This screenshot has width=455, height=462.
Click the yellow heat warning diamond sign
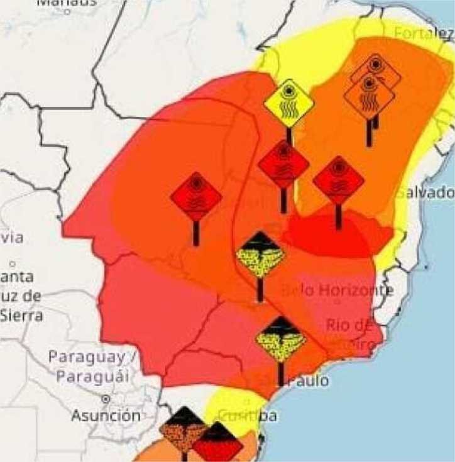(x=288, y=103)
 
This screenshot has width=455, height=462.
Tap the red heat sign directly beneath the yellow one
(x=283, y=165)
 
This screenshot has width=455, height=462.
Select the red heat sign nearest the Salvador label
(x=338, y=180)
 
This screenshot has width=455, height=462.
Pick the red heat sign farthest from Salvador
(x=196, y=197)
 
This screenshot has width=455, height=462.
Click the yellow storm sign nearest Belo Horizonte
(x=260, y=255)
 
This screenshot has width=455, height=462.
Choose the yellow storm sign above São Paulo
(x=281, y=339)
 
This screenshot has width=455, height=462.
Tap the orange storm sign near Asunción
(x=183, y=430)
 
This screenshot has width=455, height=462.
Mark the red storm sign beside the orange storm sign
(x=217, y=444)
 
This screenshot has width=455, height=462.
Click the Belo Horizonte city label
(x=338, y=290)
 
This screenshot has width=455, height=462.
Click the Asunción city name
(x=106, y=416)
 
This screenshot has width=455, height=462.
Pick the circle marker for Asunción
(x=106, y=399)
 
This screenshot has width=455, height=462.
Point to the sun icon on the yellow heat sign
(x=288, y=92)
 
